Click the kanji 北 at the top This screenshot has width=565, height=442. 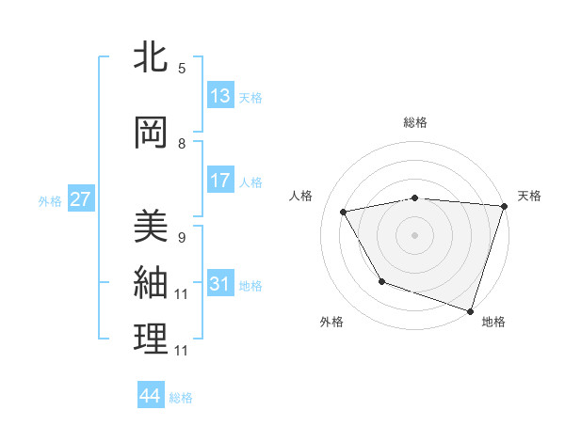coord(151,58)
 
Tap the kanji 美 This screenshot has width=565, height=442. coord(151,226)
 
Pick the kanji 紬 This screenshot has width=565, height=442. coord(151,282)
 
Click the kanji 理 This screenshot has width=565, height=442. coord(151,339)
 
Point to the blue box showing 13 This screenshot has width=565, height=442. coord(220,95)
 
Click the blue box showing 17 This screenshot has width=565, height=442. coord(220,181)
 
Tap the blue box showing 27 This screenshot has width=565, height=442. coord(81,199)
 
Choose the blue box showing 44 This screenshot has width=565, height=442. coord(150,397)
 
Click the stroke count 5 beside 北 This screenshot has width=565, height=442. coord(182,69)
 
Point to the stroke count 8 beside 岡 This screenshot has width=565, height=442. coord(182,144)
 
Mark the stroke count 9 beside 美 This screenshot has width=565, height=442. coord(182,238)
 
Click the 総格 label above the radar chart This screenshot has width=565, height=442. coord(415,122)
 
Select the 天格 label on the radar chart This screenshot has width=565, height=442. coord(529,196)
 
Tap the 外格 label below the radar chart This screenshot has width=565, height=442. coord(331,323)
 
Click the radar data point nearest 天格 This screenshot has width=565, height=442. coord(504,206)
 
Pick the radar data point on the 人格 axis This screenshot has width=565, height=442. coord(344,212)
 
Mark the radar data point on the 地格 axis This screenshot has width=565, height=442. coord(470,310)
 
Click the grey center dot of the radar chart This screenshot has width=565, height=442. coord(415,234)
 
